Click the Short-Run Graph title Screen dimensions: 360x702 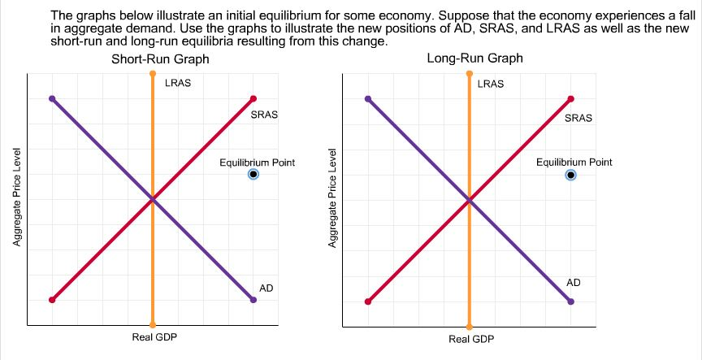click(x=160, y=60)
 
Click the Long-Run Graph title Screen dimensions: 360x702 click(x=474, y=59)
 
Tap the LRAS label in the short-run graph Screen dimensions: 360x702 click(x=178, y=84)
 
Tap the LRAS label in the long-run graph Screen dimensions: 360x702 click(x=491, y=84)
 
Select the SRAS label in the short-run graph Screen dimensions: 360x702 click(x=264, y=115)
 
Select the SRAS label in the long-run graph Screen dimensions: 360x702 click(x=578, y=118)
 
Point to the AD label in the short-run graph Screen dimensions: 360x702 click(x=266, y=288)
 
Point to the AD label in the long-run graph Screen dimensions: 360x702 click(x=574, y=282)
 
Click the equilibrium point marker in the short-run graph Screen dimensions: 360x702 click(x=253, y=175)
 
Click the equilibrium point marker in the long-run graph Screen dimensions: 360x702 click(x=570, y=175)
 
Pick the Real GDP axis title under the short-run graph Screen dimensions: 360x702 click(x=154, y=337)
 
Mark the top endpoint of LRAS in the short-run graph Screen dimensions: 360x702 click(x=153, y=74)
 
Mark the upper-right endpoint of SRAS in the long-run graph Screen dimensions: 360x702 click(x=570, y=99)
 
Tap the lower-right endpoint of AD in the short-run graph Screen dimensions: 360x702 click(x=253, y=300)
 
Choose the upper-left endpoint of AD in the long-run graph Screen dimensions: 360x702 click(x=368, y=99)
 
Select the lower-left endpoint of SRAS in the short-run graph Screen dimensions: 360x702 click(x=52, y=300)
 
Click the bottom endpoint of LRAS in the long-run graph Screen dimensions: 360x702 click(x=469, y=324)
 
